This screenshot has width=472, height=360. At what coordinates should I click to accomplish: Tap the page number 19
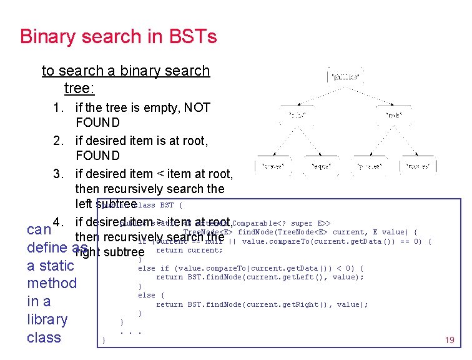pyautogui.click(x=449, y=340)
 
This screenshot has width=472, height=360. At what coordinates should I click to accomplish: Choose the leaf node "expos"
pyautogui.click(x=323, y=166)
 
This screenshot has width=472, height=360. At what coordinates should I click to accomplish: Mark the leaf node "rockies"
pyautogui.click(x=418, y=166)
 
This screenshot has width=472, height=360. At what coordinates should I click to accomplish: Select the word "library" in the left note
pyautogui.click(x=47, y=319)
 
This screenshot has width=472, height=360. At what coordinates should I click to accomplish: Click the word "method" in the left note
pyautogui.click(x=51, y=283)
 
